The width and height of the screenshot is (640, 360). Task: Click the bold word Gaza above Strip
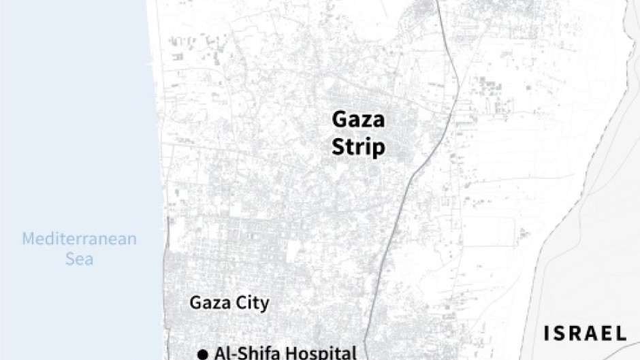[x=358, y=120]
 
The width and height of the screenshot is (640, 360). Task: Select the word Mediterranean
[x=79, y=239]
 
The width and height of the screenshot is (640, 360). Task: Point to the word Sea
[x=79, y=259]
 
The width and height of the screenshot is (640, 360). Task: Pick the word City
[x=249, y=304]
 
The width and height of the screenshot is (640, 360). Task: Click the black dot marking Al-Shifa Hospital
[x=202, y=353]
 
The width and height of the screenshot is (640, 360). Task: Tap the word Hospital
[x=323, y=353]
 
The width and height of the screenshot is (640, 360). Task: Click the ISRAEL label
[x=585, y=333]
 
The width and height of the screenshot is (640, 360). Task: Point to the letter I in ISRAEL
[x=546, y=333]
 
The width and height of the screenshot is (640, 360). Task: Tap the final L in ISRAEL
[x=621, y=333]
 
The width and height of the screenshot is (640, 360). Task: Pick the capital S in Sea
[x=69, y=259]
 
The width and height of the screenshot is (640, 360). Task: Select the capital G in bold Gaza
[x=339, y=120]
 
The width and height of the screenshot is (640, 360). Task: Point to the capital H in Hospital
[x=295, y=353]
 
